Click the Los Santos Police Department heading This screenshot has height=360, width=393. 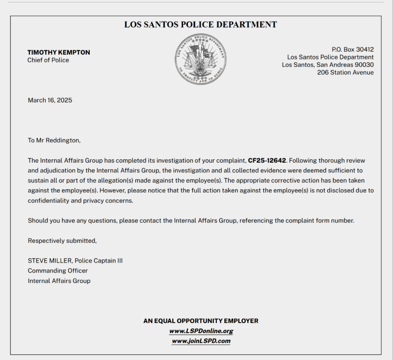(201, 24)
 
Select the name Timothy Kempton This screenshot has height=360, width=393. (59, 52)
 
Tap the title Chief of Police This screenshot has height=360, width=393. (48, 60)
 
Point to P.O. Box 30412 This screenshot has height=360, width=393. (353, 49)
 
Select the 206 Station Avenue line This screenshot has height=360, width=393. (345, 72)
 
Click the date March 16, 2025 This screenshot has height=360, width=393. (50, 100)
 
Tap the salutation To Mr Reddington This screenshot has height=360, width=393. (54, 140)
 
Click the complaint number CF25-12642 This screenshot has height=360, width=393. (267, 160)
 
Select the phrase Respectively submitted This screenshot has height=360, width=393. (62, 240)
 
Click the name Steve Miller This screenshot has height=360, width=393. (50, 261)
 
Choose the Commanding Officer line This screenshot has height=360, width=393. (58, 271)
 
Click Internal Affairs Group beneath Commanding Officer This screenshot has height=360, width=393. (59, 281)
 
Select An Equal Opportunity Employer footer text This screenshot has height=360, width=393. (201, 321)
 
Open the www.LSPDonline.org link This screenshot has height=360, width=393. (201, 331)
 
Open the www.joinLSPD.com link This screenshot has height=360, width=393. (201, 341)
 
